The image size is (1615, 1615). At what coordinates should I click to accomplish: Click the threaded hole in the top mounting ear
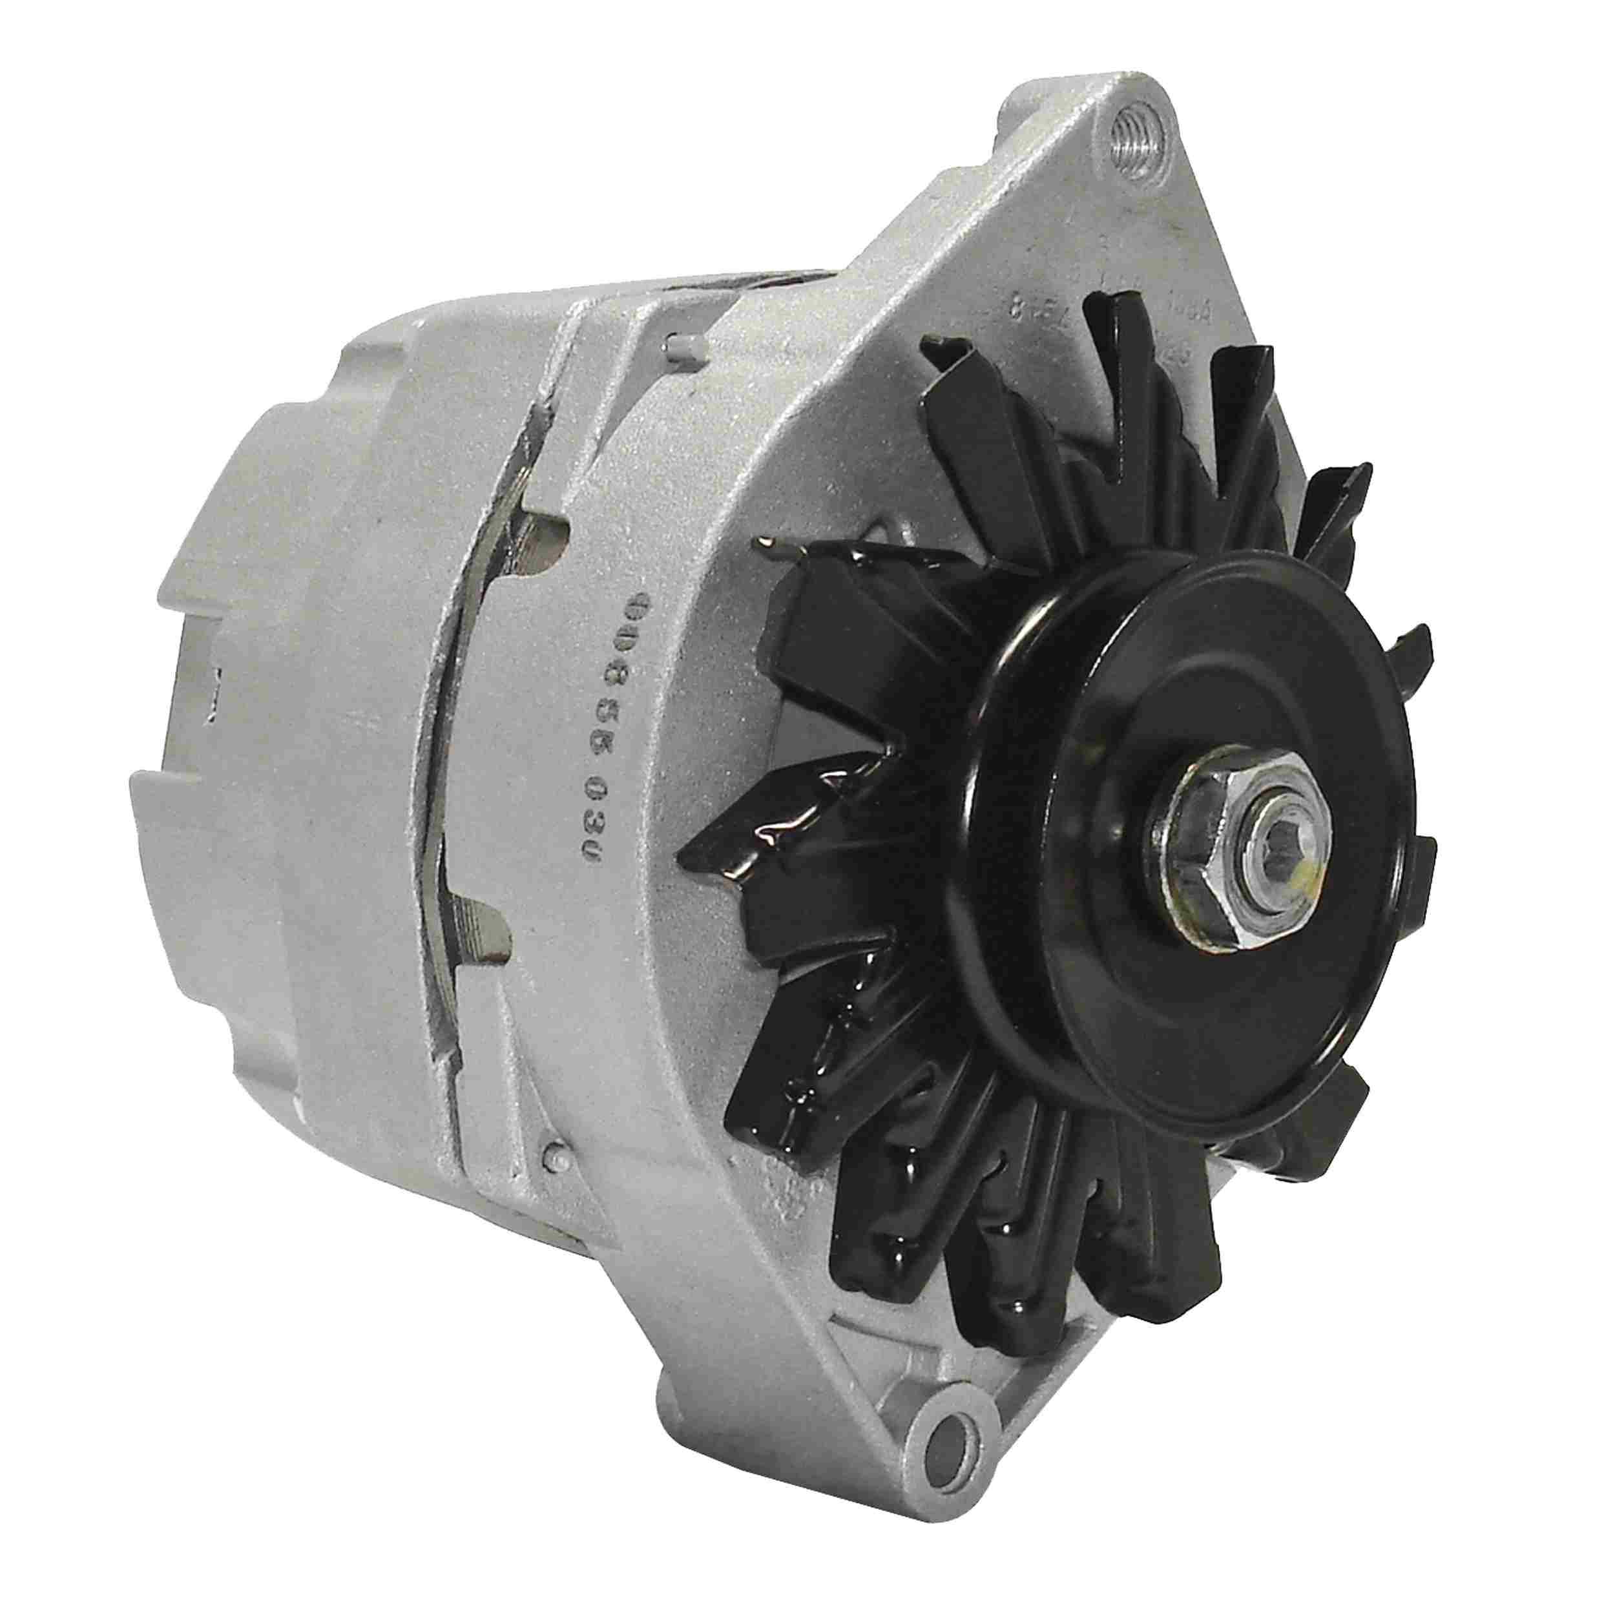(1138, 128)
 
